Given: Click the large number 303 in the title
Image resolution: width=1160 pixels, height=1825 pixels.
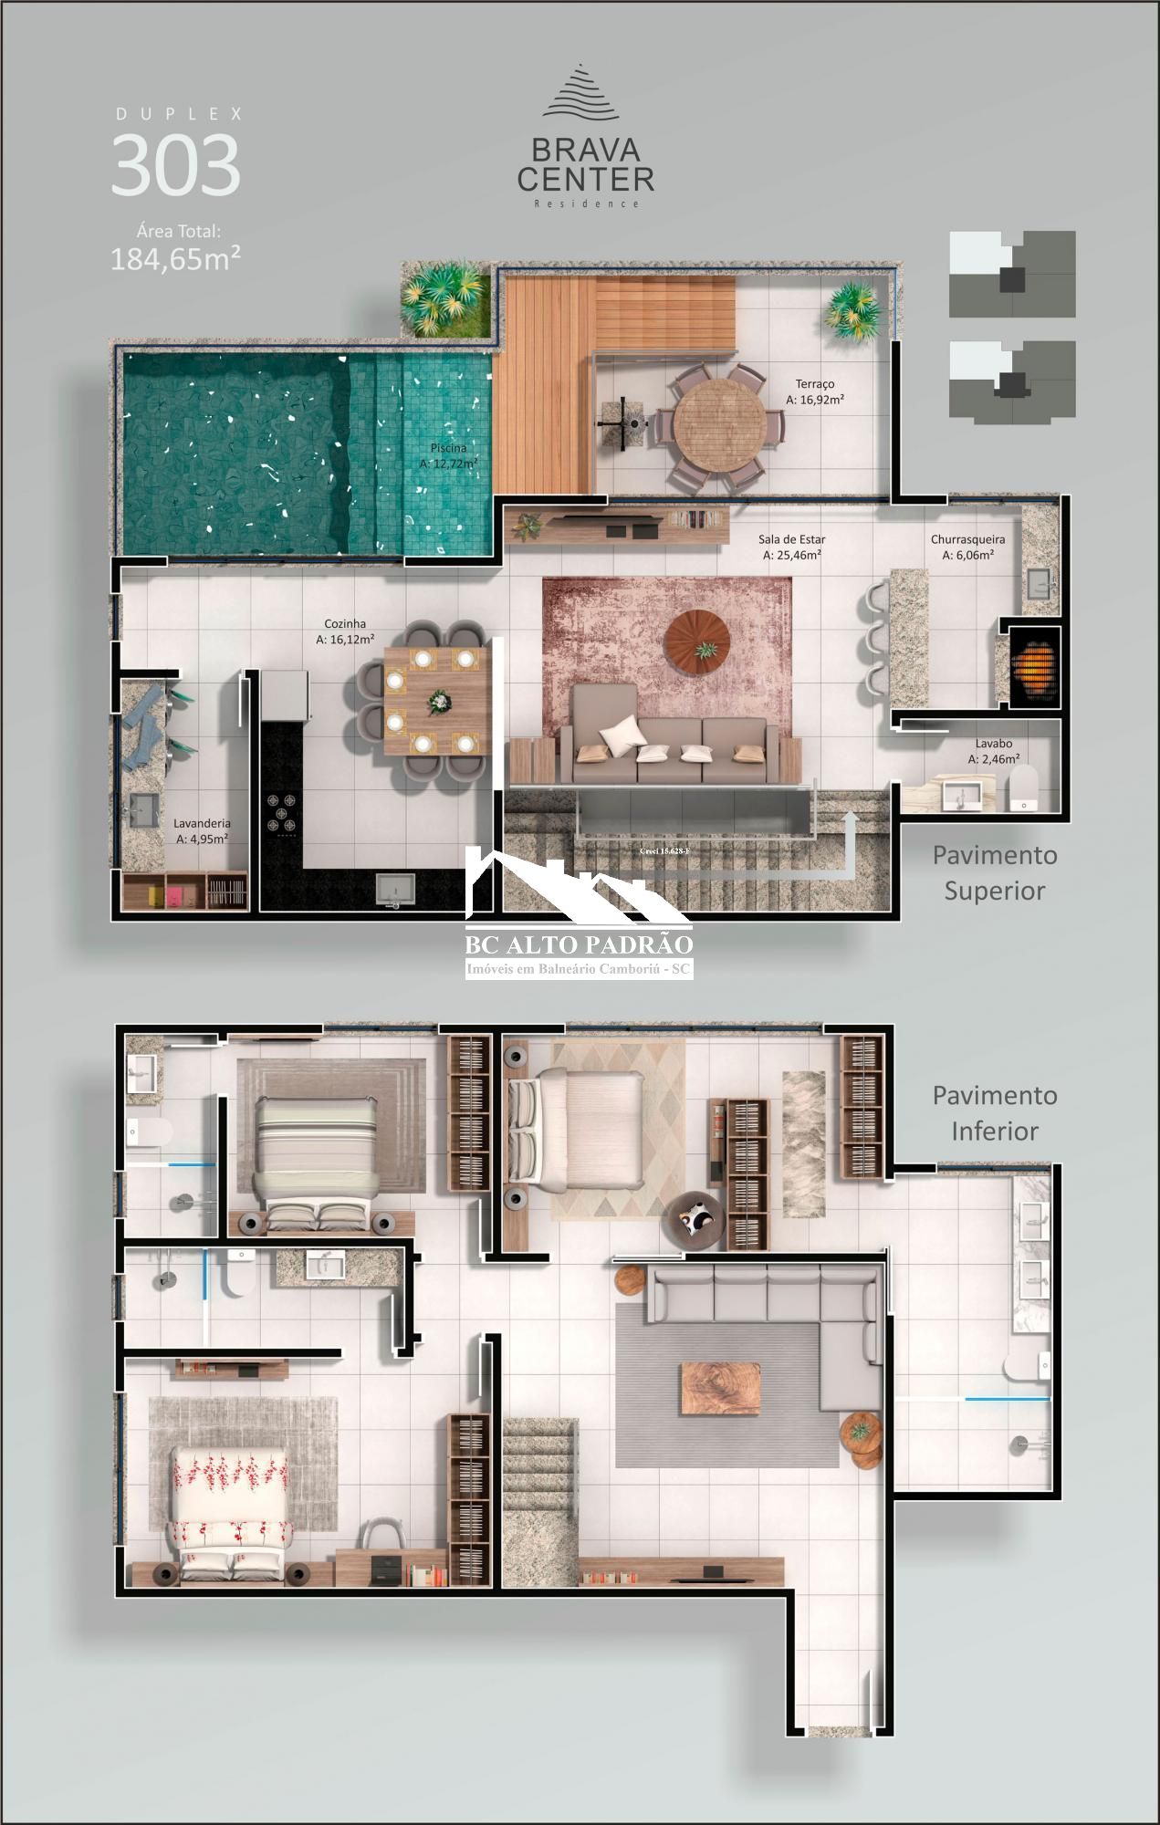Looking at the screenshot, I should point(175,165).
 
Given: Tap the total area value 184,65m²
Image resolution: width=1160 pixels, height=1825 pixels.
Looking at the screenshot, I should point(175,259).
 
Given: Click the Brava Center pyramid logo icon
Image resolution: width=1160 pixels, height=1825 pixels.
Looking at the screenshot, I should point(580,92).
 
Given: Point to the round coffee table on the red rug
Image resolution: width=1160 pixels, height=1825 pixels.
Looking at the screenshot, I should point(696,642).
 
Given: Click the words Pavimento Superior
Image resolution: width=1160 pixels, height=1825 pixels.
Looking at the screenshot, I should point(994,872).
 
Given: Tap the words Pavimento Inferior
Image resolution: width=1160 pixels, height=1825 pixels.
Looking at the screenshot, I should point(994,1112).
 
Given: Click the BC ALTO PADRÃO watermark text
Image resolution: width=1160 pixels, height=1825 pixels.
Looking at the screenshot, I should point(579,944).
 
